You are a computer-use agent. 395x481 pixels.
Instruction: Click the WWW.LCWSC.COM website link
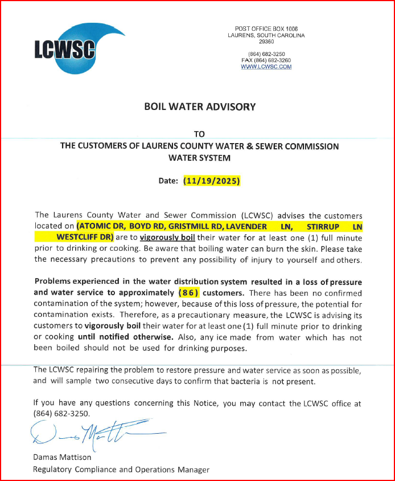coord(266,67)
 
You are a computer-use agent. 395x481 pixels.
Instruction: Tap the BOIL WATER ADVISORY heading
coord(199,107)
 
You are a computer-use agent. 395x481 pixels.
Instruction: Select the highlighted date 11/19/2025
coord(212,181)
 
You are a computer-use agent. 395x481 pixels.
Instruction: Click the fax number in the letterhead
coord(266,60)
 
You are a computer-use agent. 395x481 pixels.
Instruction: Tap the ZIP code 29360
coord(266,42)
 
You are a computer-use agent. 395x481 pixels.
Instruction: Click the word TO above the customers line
coord(199,134)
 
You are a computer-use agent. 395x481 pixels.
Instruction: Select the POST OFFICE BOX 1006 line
coord(266,28)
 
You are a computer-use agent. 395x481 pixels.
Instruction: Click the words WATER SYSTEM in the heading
coord(199,157)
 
